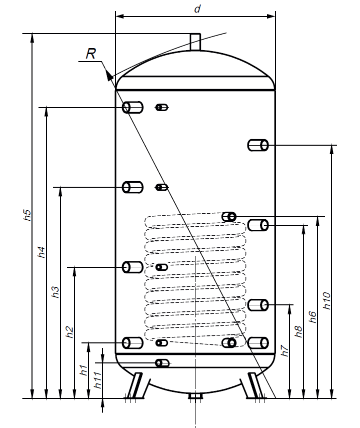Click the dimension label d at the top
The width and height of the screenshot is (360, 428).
tap(197, 9)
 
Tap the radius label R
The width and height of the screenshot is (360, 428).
tap(90, 54)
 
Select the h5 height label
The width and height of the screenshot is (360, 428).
tap(28, 215)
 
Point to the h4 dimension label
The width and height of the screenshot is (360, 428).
tap(42, 252)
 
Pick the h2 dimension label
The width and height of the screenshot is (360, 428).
tap(70, 331)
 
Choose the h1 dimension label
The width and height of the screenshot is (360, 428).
tap(84, 370)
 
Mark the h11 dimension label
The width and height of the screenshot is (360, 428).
tap(98, 383)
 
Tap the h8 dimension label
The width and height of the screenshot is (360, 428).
tap(299, 331)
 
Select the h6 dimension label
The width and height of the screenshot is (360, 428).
tap(313, 317)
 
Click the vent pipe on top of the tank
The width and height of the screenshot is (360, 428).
tap(195, 42)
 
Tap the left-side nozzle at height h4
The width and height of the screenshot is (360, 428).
tap(133, 107)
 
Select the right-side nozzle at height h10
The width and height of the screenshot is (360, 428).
tap(258, 145)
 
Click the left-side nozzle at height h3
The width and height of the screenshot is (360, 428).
tap(133, 187)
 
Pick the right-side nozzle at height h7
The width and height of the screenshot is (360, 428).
tap(258, 304)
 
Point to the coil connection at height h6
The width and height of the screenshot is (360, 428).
tap(229, 217)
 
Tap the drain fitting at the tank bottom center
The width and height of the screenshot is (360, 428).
tap(194, 397)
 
